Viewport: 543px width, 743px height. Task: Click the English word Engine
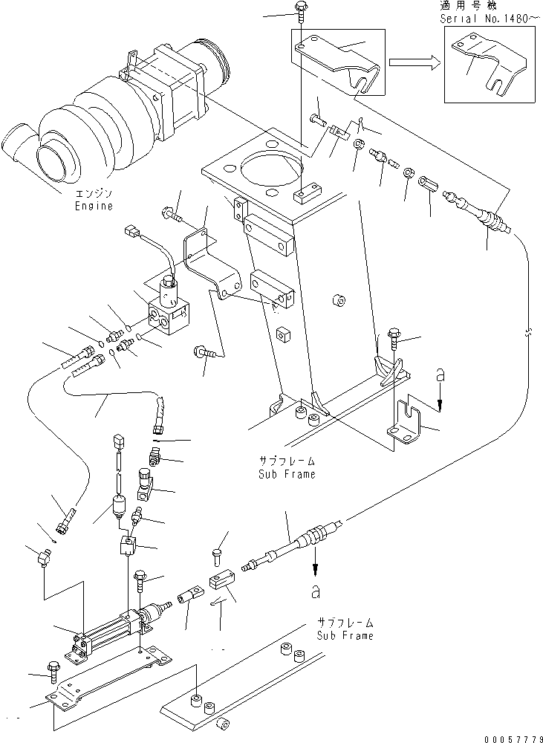click(93, 206)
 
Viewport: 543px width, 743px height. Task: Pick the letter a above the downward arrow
click(440, 377)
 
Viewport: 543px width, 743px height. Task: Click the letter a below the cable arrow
click(316, 592)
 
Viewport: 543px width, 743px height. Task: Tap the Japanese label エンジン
click(93, 194)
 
